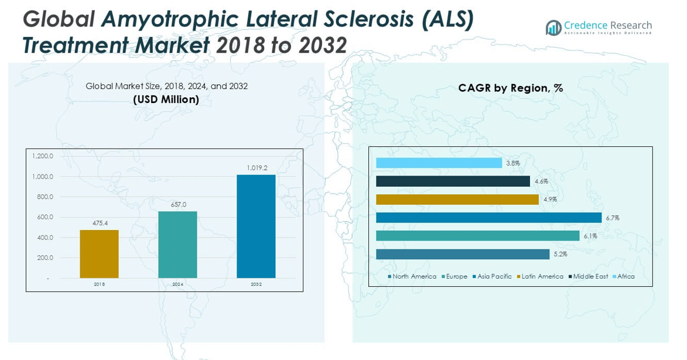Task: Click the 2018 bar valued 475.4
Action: coord(99,254)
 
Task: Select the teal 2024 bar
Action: coord(177,245)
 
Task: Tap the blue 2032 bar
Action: coord(256,227)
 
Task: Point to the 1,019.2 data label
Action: coord(257,168)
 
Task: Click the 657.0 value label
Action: coord(178,204)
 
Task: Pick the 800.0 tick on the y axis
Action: coord(42,197)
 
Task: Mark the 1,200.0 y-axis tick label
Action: coord(42,156)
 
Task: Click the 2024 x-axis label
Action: coord(178,284)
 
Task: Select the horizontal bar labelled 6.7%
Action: coord(488,218)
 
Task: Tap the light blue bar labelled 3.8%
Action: coord(439,163)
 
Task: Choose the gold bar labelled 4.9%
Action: coord(457,200)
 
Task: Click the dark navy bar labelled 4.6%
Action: coord(453,181)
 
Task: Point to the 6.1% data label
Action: coord(590,236)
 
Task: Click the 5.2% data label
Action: coord(560,254)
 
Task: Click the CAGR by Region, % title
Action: coord(510,88)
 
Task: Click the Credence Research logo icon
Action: coord(553,27)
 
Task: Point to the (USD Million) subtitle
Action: coord(166,100)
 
